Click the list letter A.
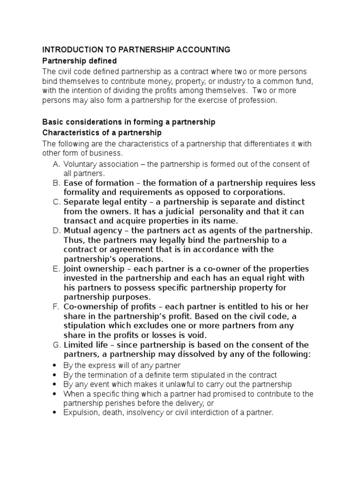tap(55, 164)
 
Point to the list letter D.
tap(55, 231)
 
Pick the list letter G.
tap(55, 345)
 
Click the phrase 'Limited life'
tap(85, 345)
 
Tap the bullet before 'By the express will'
tap(55, 365)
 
